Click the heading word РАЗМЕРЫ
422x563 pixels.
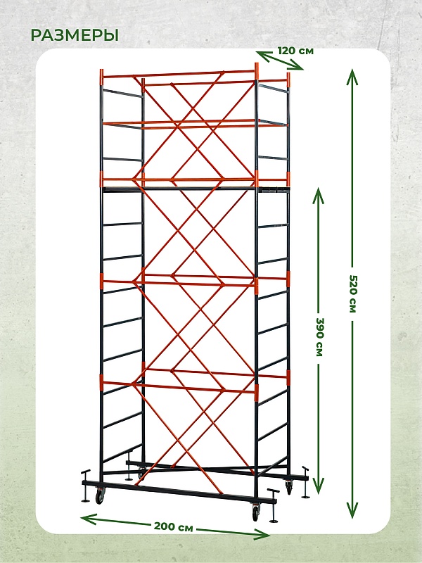pos(75,35)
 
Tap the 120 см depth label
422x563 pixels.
pos(295,51)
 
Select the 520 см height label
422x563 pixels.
pos(353,293)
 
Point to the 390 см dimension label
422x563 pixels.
pos(319,336)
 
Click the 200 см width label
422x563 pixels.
pos(173,526)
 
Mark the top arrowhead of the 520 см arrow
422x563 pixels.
pos(352,76)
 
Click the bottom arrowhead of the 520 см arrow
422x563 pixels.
pos(352,510)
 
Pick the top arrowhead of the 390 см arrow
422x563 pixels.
pos(319,196)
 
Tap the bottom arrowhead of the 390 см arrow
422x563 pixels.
pos(319,485)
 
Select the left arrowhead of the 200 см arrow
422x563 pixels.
pos(89,519)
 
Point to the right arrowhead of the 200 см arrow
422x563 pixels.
pos(262,534)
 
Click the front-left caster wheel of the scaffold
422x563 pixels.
pos(98,498)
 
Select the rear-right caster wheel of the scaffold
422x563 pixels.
pos(289,488)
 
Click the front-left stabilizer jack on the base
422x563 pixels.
pos(86,486)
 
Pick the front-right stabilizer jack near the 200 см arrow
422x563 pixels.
pos(274,505)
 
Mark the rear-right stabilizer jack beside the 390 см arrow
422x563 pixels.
pos(305,482)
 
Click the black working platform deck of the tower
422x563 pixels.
pos(196,189)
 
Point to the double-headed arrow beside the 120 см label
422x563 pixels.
pos(280,61)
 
